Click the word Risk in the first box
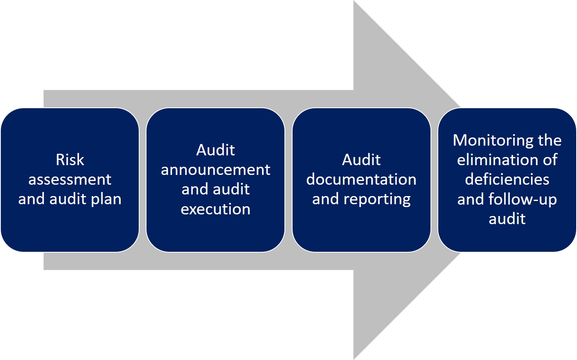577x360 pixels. pyautogui.click(x=70, y=160)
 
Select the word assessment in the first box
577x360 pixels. pyautogui.click(x=70, y=179)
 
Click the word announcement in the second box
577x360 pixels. pyautogui.click(x=215, y=170)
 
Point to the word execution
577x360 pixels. pyautogui.click(x=215, y=209)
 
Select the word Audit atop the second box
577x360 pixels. pyautogui.click(x=215, y=150)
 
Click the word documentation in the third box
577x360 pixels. pyautogui.click(x=361, y=179)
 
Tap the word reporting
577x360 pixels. pyautogui.click(x=377, y=199)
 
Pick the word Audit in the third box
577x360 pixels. pyautogui.click(x=361, y=160)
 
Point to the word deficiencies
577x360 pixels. pyautogui.click(x=507, y=179)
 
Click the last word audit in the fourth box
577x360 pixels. pyautogui.click(x=507, y=219)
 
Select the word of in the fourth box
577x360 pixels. pyautogui.click(x=550, y=160)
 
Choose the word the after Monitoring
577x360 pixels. pyautogui.click(x=549, y=140)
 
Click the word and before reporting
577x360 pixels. pyautogui.click(x=326, y=199)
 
